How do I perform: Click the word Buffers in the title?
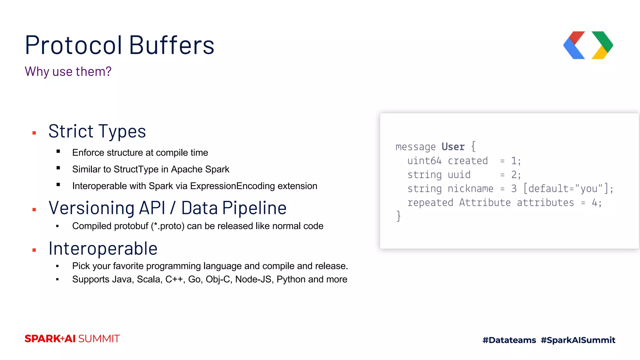[x=172, y=45]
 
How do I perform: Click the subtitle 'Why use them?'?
[x=68, y=72]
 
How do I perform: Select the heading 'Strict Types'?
[x=97, y=131]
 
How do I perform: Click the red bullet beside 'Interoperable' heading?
[x=34, y=250]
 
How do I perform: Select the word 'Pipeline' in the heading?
[x=254, y=208]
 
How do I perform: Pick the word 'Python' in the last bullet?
[x=291, y=279]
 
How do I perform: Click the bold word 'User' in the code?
[x=453, y=147]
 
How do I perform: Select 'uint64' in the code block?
[x=424, y=161]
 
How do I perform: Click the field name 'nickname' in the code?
[x=470, y=189]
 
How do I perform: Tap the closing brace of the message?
[x=398, y=216]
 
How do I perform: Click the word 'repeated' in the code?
[x=430, y=203]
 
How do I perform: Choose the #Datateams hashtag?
[x=509, y=340]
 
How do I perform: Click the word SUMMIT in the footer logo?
[x=99, y=339]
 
